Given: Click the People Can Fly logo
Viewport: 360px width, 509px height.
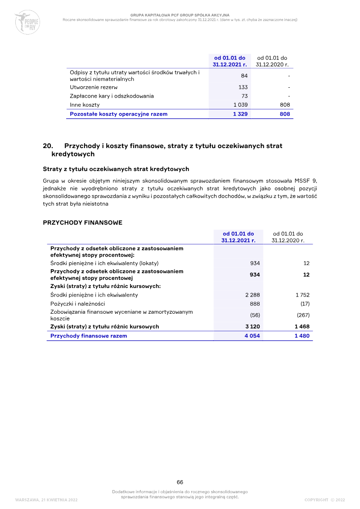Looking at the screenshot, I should click(x=27, y=23).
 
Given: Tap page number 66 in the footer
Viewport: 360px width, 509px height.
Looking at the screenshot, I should click(x=180, y=482).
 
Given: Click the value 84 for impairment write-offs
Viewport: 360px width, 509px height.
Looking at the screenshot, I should click(x=244, y=76).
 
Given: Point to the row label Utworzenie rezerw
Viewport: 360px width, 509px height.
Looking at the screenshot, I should click(x=90, y=87).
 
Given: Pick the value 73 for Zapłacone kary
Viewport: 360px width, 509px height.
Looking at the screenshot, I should click(x=244, y=96).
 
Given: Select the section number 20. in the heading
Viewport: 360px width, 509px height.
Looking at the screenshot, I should click(x=48, y=146).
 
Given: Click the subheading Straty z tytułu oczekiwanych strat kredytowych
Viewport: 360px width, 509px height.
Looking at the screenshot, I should click(x=116, y=169).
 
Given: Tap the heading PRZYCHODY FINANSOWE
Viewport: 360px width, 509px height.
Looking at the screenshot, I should click(x=82, y=223).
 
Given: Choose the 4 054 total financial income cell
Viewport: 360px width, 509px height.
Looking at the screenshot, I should click(x=252, y=336).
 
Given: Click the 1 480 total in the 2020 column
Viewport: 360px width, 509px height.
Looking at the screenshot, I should click(x=302, y=336).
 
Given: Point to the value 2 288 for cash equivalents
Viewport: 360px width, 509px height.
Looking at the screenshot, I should click(x=252, y=295).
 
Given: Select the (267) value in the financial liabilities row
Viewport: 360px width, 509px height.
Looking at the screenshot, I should click(x=303, y=315).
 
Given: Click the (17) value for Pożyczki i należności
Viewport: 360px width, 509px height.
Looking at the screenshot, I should click(x=305, y=304).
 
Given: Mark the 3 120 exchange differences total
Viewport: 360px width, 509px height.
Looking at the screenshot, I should click(x=252, y=327).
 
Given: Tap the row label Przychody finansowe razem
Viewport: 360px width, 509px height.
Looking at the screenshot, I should click(x=89, y=336).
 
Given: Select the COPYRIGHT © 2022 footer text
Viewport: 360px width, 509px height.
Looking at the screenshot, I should click(x=324, y=500).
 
